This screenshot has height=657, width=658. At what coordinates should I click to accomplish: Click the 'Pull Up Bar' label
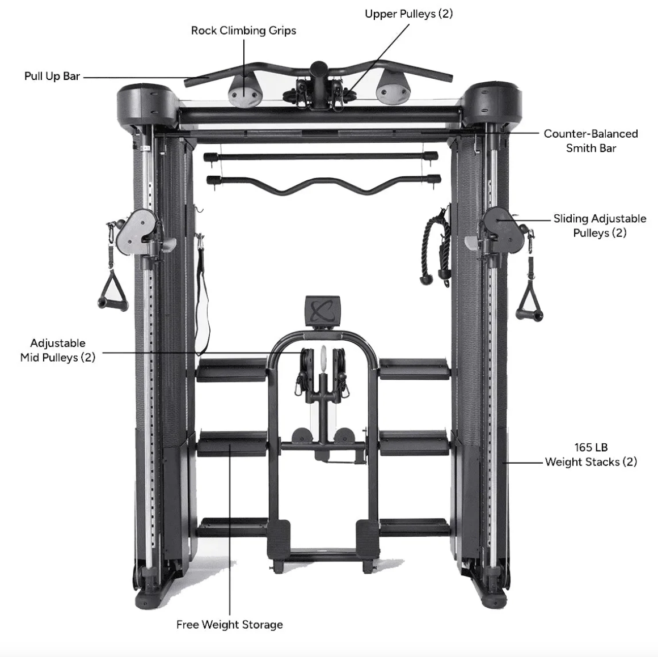pos(52,77)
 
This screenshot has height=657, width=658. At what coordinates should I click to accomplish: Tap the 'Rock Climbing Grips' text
pos(243,31)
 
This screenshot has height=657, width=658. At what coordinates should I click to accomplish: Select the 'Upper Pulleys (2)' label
pos(409,14)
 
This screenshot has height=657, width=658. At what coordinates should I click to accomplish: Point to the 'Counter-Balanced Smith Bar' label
pos(591,141)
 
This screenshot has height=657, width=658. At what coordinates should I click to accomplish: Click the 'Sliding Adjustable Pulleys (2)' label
pos(600,226)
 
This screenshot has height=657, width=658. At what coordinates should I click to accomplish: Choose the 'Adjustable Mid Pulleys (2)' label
pos(58,350)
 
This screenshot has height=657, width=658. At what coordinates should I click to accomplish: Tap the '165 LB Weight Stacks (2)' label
pos(591,455)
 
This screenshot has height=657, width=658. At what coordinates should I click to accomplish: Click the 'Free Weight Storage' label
pos(230,625)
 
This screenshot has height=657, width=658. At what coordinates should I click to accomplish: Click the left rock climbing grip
pos(244,91)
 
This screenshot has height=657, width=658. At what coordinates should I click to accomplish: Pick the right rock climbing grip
pos(393,91)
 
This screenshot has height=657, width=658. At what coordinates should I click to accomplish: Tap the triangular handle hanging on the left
pos(112,289)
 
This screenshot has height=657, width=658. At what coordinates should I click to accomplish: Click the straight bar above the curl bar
pos(321,157)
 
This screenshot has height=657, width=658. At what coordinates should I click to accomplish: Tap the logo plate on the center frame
pos(322,312)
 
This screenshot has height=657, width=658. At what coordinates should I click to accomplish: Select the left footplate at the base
pos(279,537)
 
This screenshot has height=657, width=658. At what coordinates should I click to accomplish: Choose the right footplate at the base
pos(368,537)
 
